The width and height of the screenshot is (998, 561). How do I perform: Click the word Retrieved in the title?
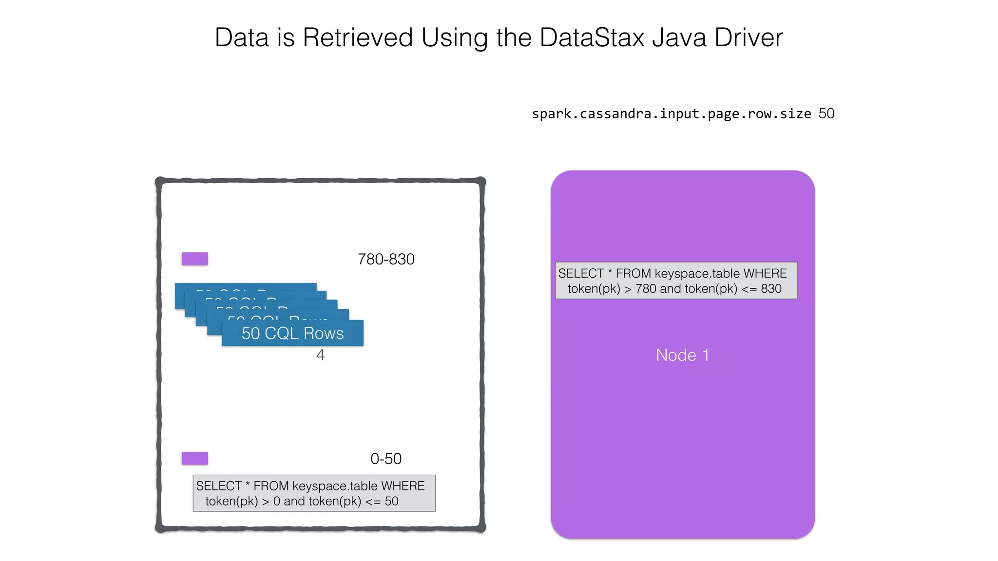pos(358,37)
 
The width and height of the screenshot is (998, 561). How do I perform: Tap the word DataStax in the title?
pos(592,37)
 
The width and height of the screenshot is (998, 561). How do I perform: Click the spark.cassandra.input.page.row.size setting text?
pos(671,114)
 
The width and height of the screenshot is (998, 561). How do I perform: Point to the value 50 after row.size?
pos(826,114)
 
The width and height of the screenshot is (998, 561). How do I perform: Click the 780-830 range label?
pos(386,259)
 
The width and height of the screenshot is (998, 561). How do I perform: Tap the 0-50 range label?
pos(386,459)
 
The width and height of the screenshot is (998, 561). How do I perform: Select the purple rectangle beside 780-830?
pos(195,259)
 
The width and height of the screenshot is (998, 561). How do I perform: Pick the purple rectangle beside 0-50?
pos(195,458)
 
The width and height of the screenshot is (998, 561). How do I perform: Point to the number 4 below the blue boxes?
pos(320,355)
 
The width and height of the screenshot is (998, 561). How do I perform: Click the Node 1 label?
pos(682,355)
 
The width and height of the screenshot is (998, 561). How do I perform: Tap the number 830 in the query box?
pos(771,289)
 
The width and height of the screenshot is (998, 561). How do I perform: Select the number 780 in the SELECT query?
pos(646,289)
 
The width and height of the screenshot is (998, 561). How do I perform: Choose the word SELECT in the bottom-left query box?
pos(219,486)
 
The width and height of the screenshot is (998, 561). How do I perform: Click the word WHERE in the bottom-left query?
pos(403,486)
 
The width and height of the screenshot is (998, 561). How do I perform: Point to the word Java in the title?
pos(679,37)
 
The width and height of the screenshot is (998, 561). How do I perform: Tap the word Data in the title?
pos(242,37)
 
